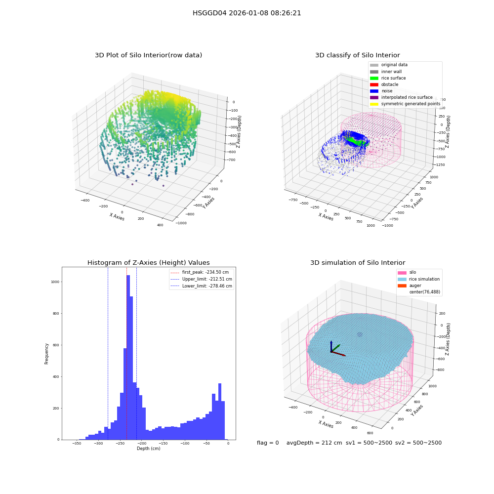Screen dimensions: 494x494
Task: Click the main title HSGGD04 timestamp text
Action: pos(247,13)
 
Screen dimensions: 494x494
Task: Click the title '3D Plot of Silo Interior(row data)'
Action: pos(148,55)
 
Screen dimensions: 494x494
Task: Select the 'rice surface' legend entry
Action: pos(388,78)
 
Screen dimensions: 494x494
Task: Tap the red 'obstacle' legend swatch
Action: pos(374,85)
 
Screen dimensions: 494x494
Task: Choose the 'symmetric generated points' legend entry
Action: pos(405,104)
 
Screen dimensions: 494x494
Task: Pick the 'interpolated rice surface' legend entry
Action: pos(401,97)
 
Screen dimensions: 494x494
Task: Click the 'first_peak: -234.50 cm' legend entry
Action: pos(200,272)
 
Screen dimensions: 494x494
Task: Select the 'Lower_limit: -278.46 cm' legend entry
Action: pos(202,286)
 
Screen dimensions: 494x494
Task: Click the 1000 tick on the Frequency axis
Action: pos(55,282)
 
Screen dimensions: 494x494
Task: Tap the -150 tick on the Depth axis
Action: pos(163,444)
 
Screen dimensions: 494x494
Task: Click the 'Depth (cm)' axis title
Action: pos(149,449)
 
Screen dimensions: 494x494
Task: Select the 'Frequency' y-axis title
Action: pos(46,354)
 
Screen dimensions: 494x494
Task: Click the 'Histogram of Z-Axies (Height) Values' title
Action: pos(148,263)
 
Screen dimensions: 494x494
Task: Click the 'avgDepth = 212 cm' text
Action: pos(314,443)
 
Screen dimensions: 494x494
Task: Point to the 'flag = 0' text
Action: pos(268,443)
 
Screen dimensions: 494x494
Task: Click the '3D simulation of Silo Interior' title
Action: pos(358,263)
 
